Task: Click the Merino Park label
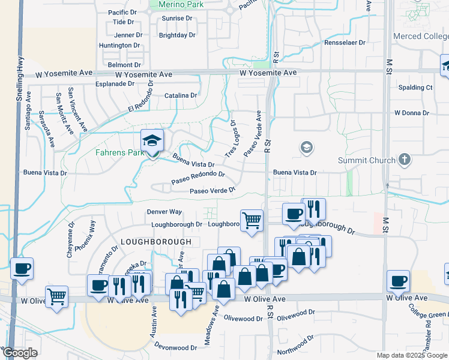pyautogui.click(x=181, y=5)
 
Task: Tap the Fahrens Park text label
pyautogui.click(x=120, y=152)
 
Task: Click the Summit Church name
pyautogui.click(x=367, y=160)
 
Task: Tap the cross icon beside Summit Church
pyautogui.click(x=405, y=160)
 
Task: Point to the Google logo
pyautogui.click(x=20, y=353)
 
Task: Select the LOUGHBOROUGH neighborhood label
pyautogui.click(x=156, y=241)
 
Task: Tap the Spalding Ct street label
pyautogui.click(x=416, y=88)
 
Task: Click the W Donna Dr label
pyautogui.click(x=412, y=113)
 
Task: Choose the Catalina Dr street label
pyautogui.click(x=181, y=95)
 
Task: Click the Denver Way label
pyautogui.click(x=164, y=212)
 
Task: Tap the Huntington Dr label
pyautogui.click(x=119, y=45)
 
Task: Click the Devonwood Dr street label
pyautogui.click(x=175, y=347)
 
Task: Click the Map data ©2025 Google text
pyautogui.click(x=412, y=355)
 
